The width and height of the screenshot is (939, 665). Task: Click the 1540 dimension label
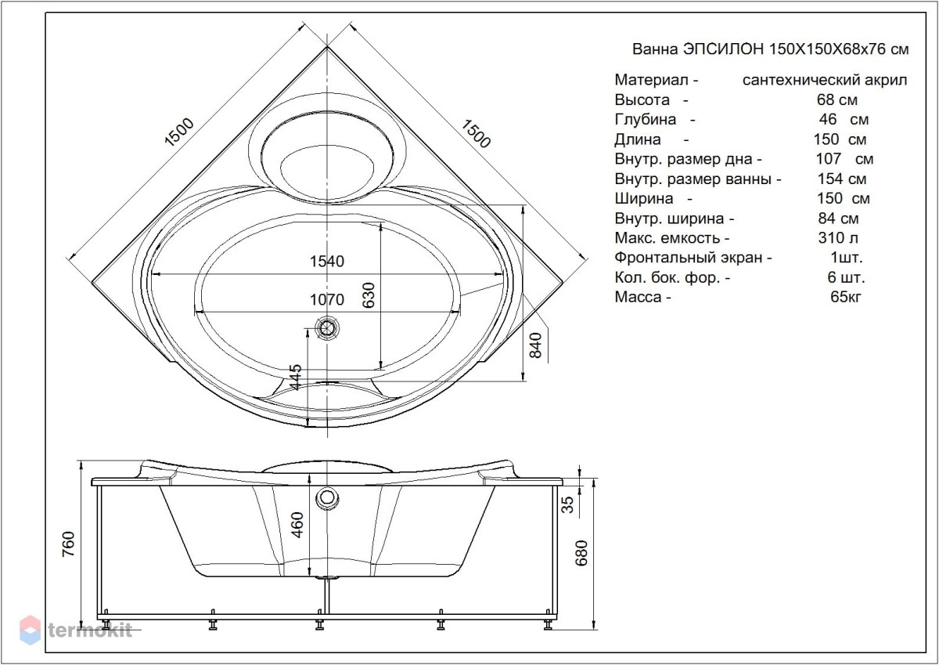[x=327, y=262]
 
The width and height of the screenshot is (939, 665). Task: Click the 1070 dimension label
[x=327, y=299]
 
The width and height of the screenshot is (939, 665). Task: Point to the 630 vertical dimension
[x=368, y=295]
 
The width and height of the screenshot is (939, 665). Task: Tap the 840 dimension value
[x=535, y=345]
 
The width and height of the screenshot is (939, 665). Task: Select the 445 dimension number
[x=296, y=377]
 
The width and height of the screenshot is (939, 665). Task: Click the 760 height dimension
[x=68, y=544]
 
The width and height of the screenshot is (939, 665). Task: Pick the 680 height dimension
[x=581, y=554]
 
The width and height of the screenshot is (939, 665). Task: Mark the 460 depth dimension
[x=297, y=525]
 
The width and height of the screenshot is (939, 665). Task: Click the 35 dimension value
[x=567, y=504]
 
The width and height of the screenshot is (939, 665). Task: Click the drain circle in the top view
[x=327, y=327]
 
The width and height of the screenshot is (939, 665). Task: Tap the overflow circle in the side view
[x=327, y=497]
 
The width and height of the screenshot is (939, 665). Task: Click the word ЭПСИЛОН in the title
[x=724, y=49]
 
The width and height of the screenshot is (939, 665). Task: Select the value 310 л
[x=838, y=238]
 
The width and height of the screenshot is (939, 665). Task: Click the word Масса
[x=639, y=297]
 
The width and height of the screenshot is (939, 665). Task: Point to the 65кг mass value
[x=846, y=297]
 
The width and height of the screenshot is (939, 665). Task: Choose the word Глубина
[x=646, y=120]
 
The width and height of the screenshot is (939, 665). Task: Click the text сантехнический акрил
[x=825, y=80]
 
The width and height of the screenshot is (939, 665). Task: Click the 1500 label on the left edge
[x=179, y=132]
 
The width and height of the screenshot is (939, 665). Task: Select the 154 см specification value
[x=842, y=179]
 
